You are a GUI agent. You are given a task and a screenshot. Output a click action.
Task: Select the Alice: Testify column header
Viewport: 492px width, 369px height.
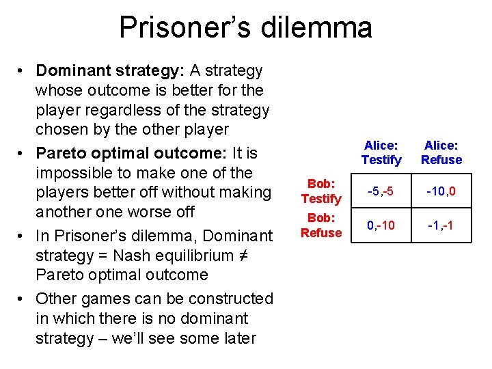coord(381,152)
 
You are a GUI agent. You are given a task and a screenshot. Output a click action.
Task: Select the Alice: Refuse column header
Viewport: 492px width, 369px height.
coord(441,152)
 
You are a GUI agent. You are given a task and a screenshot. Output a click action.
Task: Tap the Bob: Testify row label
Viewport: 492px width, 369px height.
coord(320,191)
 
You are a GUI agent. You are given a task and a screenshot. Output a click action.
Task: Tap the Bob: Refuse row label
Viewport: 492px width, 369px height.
coord(320,225)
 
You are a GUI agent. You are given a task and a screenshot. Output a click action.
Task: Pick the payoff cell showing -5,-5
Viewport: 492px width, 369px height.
coord(381,192)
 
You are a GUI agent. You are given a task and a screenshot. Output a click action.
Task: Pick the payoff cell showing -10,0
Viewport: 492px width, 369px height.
coord(441,192)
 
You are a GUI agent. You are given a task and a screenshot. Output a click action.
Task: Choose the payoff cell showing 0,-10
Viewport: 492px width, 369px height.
coord(381,225)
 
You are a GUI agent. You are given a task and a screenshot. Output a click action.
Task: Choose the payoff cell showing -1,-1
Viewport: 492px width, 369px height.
coord(441,225)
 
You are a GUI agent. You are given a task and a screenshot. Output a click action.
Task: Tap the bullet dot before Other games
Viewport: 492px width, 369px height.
coord(23,299)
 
